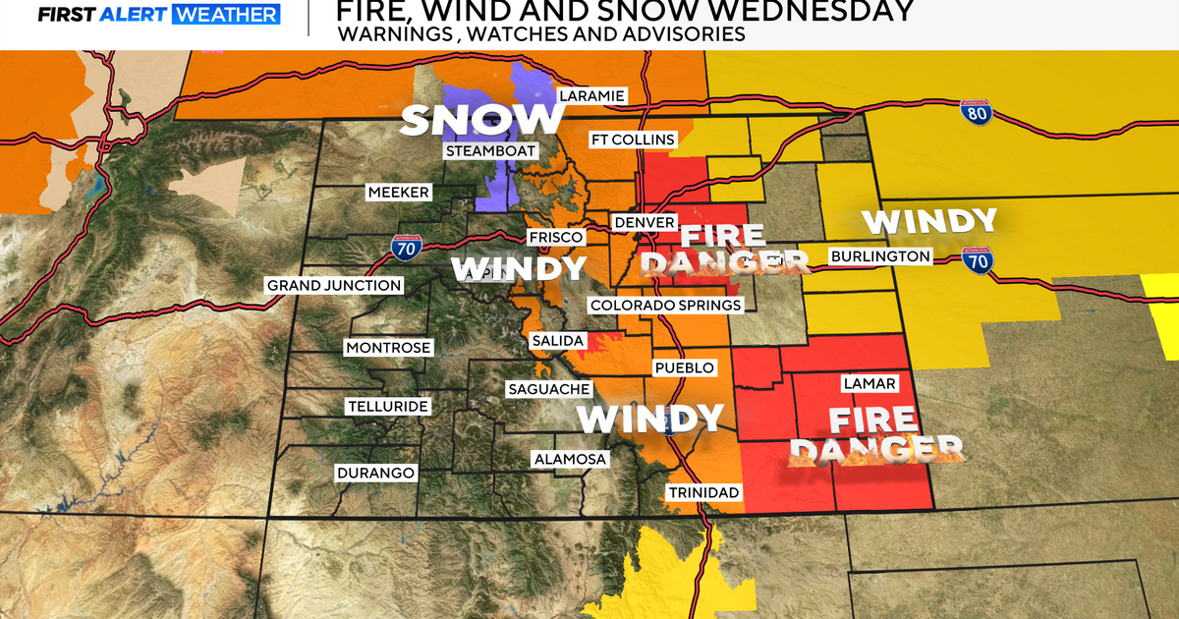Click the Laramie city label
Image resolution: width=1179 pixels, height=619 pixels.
(591, 96)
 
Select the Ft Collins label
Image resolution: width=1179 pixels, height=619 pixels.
(633, 140)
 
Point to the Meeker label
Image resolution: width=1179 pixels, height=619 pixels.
(398, 193)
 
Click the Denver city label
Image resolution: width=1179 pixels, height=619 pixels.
(645, 223)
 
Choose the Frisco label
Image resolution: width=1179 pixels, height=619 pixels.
(556, 237)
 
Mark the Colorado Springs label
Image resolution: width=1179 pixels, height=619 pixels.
(665, 306)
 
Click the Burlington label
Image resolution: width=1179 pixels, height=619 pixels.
(879, 256)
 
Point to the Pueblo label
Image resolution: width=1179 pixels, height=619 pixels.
(684, 367)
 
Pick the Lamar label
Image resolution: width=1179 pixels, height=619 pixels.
(869, 383)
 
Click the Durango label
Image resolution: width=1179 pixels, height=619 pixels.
(375, 473)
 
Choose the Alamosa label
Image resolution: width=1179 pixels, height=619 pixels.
(570, 459)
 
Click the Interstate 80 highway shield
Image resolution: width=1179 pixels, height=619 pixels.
(976, 113)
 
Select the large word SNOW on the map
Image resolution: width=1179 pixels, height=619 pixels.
(481, 119)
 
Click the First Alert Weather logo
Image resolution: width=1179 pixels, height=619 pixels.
(141, 14)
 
